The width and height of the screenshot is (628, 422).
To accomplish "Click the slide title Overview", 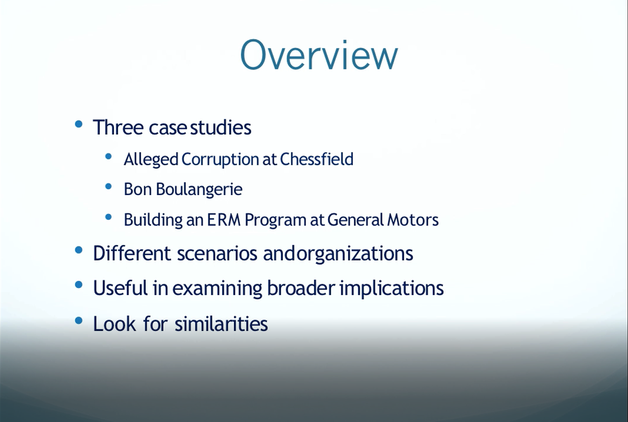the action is pos(319,55).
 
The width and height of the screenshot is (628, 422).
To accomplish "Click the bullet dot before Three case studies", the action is pos(79,124).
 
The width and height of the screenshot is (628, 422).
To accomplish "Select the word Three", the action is pos(118,127).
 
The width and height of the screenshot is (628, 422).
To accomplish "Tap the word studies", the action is pos(221,127).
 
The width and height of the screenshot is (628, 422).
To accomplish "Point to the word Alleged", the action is pos(151,160).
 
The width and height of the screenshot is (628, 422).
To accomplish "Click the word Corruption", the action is pos(220,160).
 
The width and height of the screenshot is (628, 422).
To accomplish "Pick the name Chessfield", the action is pos(317,159).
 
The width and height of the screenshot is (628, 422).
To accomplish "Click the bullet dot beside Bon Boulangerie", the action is pos(108,186).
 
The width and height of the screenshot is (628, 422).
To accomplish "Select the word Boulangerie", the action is pos(199,189).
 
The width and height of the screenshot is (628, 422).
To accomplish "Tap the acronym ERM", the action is pos(224,219).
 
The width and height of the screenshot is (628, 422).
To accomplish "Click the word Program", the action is pos(275,220).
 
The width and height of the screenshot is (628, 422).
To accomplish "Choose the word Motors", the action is pos(413,220).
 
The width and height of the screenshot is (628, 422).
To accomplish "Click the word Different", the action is pos(132,253).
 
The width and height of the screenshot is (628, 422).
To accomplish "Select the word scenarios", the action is pos(217,253).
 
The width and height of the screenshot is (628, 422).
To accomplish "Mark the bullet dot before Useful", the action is pos(79,285).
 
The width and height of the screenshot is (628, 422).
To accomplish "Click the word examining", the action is pos(217,288).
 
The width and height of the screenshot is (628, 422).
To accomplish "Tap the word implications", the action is pos(392,288).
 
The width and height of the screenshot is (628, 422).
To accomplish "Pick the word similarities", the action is pos(221,324).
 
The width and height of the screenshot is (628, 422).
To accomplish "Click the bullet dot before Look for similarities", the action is pos(79,320).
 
